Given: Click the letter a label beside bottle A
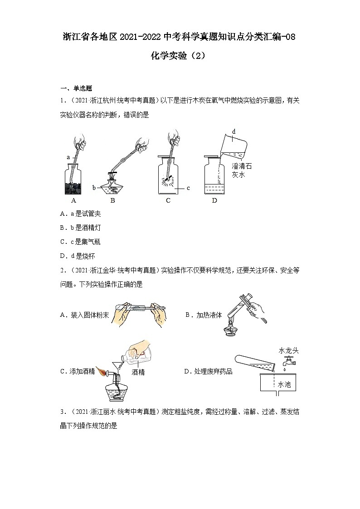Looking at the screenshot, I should [x=68, y=157].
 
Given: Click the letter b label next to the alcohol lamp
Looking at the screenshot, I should [x=94, y=187].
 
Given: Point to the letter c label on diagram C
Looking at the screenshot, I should [x=188, y=187].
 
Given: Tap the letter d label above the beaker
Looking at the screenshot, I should [x=234, y=131].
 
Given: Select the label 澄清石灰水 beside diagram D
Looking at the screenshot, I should [x=241, y=170].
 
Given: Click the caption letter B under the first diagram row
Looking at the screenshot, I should [x=112, y=200].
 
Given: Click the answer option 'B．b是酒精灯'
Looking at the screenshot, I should [x=80, y=228].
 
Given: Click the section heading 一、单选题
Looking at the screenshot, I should [x=76, y=88].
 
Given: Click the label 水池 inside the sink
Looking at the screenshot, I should [x=284, y=384].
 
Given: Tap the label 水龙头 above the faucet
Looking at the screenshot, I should [x=288, y=350].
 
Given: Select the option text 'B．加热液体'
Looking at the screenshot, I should [x=204, y=315].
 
